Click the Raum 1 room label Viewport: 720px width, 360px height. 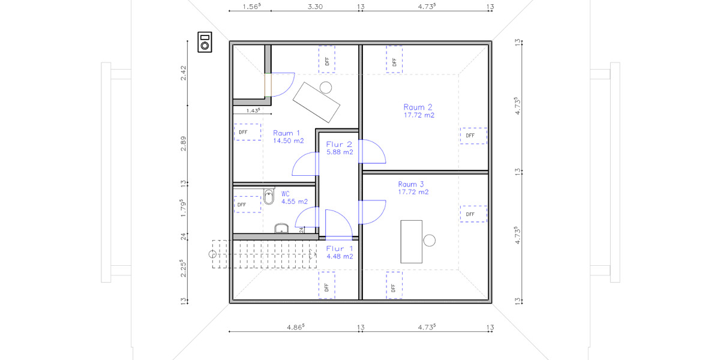[x=286, y=133]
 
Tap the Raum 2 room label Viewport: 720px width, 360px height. [x=418, y=107]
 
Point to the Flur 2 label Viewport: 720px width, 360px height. [x=339, y=145]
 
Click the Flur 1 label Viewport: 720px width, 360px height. [x=340, y=248]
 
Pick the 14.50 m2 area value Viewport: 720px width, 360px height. [x=288, y=141]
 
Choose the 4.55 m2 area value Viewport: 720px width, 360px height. [x=295, y=202]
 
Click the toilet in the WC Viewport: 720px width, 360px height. [x=268, y=196]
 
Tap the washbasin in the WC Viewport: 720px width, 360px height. [x=281, y=228]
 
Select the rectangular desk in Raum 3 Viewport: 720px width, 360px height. [x=411, y=241]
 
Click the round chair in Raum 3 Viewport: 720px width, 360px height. [x=430, y=241]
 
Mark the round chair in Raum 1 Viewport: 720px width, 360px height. [x=326, y=87]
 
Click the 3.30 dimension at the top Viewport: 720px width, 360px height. [x=315, y=7]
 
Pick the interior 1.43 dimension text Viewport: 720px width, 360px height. [x=252, y=111]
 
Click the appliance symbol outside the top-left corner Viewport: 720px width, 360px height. [x=205, y=42]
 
